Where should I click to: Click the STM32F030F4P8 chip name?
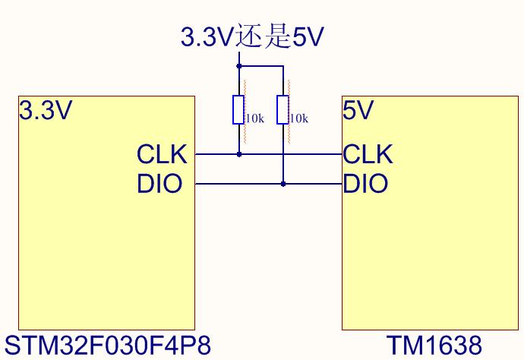[108, 346]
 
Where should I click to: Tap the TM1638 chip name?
[434, 346]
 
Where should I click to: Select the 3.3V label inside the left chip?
[46, 110]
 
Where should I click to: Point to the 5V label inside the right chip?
[358, 110]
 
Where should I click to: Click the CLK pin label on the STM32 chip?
[162, 154]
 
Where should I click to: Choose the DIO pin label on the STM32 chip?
[159, 183]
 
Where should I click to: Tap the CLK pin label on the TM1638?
[368, 154]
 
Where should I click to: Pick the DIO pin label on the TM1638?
[365, 183]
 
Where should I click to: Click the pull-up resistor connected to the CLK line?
[238, 109]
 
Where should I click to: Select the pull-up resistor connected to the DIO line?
[283, 109]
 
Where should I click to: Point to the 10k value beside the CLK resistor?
[255, 118]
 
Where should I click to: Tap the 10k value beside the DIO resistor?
[298, 118]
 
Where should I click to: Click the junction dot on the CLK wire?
[239, 154]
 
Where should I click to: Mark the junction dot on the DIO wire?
[283, 184]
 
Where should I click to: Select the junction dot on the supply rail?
[239, 66]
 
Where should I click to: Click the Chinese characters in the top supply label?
[264, 36]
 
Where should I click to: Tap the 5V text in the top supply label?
[308, 36]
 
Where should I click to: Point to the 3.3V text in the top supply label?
[207, 36]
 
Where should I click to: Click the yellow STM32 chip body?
[106, 213]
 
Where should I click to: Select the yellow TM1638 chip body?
[430, 213]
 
